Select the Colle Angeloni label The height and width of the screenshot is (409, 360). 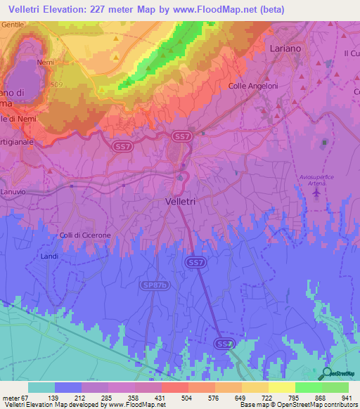pos(254,86)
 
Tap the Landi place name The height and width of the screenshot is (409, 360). pos(50,257)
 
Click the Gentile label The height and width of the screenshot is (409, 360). pos(13,24)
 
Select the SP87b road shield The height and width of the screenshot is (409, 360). pos(158,285)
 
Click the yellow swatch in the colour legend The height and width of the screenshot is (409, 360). pos(281,387)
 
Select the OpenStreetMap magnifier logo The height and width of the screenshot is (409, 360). pos(326,374)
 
